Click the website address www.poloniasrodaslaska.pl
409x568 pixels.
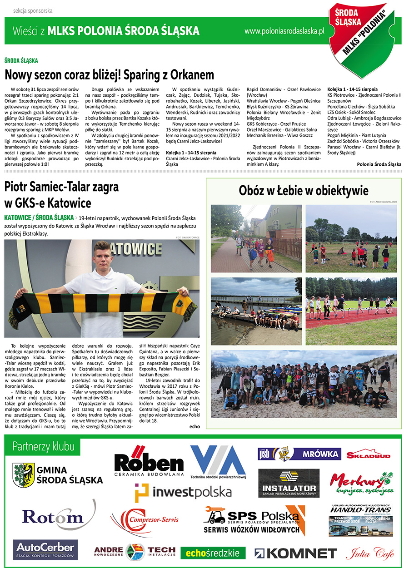click(284, 31)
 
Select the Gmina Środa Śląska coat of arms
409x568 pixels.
click(24, 475)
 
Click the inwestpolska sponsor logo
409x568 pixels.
click(183, 491)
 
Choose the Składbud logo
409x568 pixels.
click(369, 454)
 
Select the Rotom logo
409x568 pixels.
click(53, 516)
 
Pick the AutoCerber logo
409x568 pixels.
click(45, 549)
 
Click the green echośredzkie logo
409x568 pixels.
click(213, 553)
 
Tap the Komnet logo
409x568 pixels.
click(295, 553)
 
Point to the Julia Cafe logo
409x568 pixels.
click(370, 553)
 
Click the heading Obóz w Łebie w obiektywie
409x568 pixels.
click(304, 191)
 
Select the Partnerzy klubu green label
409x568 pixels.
click(43, 446)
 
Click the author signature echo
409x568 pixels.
click(195, 426)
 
